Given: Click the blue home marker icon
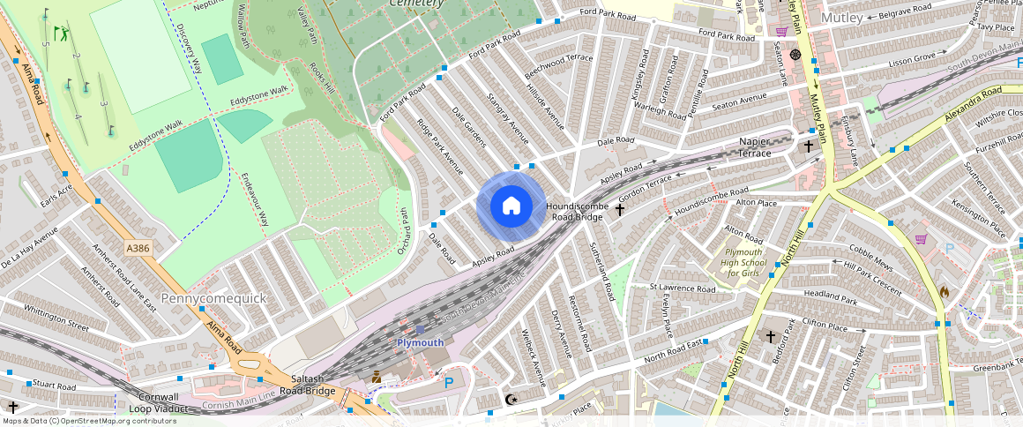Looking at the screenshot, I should pos(511,206).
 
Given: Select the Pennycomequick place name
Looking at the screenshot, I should pos(213,298).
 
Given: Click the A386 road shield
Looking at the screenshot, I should pos(138,248).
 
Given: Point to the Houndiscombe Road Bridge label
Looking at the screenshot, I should pos(579,211).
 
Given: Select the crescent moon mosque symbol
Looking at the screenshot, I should pos(510,400).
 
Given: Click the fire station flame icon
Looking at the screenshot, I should pos(944,291).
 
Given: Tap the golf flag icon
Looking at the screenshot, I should pos(60,34).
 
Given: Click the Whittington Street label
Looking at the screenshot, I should pos(56,317).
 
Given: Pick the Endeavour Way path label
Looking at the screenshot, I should pos(255,202).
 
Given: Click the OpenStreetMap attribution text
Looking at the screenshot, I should pos(88,421).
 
